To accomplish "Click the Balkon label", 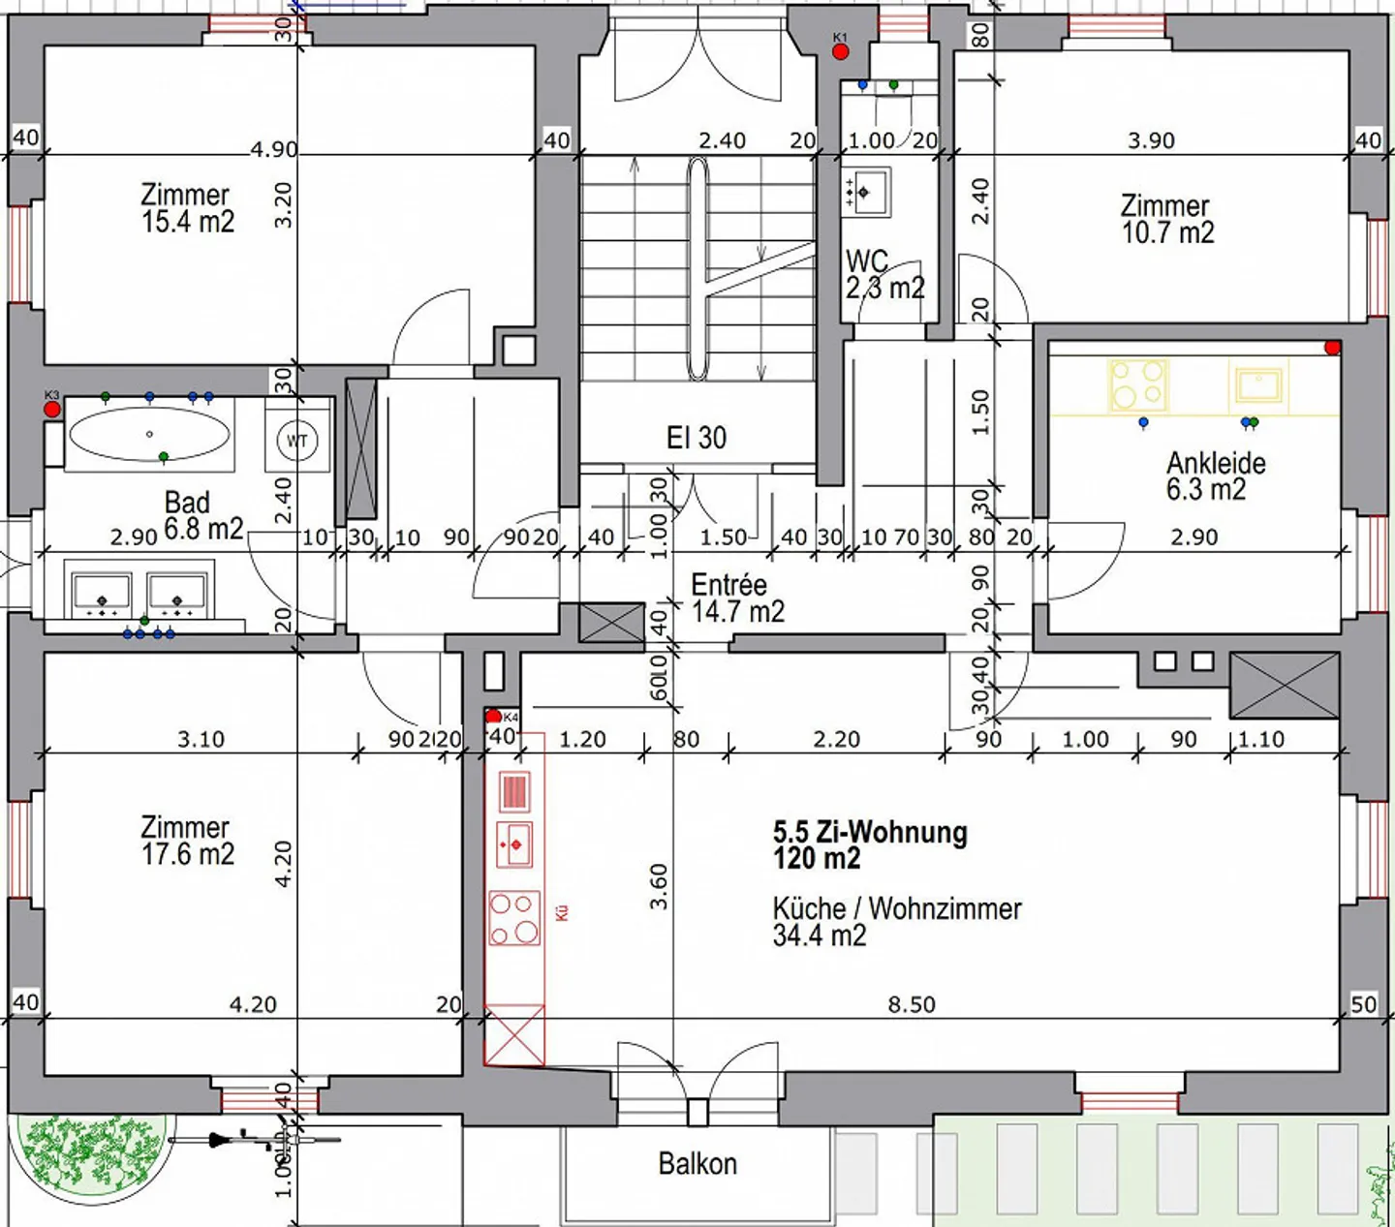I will coord(697,1163).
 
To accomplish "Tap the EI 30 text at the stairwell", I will coord(696,438).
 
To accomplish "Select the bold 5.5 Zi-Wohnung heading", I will coord(869,844).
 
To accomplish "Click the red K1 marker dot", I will coord(841,51).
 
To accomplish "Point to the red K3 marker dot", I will coord(52,409).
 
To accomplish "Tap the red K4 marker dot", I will coord(493,717).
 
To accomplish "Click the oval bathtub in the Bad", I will coord(149,435).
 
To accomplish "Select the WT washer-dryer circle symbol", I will coord(296,441).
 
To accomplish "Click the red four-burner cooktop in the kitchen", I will coord(514,918).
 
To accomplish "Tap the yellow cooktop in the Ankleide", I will coord(1138,384).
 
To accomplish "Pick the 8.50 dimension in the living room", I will coord(912,1004).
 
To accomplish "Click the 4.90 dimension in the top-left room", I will coord(273,149).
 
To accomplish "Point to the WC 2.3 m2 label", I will coord(884,275).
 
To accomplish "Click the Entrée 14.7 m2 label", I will coord(736,598).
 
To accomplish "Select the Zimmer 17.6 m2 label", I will coord(187,841).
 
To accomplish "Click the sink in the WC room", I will coord(866,192).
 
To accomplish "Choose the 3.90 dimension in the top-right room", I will coord(1151,140).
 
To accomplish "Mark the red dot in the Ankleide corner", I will coord(1333,348).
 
